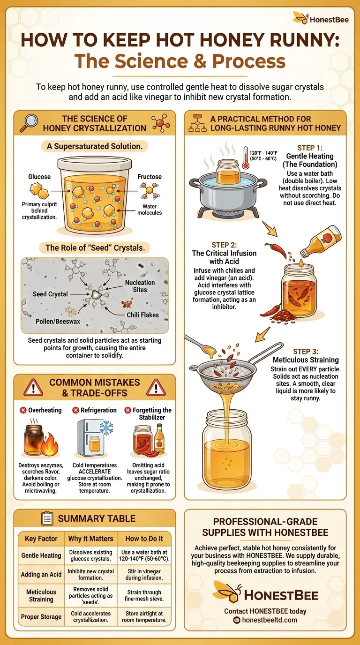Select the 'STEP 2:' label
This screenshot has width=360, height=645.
(225, 244)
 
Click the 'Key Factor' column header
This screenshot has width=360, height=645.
(41, 539)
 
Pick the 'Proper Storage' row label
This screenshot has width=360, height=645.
(41, 616)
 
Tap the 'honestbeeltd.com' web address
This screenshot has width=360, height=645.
(270, 620)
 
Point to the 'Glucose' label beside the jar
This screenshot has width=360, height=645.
(39, 177)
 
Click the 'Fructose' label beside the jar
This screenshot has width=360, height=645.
(150, 177)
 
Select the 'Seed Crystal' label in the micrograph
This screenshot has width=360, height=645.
(50, 294)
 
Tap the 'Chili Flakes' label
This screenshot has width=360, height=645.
(142, 315)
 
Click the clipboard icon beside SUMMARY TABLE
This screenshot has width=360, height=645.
(47, 518)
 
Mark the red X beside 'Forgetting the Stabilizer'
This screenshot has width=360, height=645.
(127, 410)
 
